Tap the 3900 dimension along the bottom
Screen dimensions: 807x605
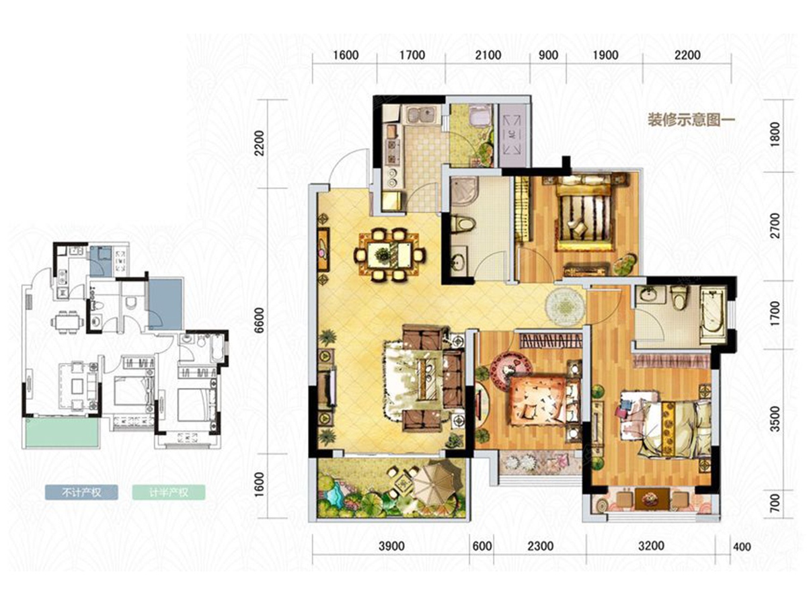391,546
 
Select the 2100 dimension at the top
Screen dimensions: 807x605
488,55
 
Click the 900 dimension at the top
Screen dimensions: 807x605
548,55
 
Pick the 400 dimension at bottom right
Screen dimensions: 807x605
742,547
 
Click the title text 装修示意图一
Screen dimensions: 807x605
691,120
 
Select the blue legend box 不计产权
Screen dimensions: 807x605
81,492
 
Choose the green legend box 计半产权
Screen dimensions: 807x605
168,492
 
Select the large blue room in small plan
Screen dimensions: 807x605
165,303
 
